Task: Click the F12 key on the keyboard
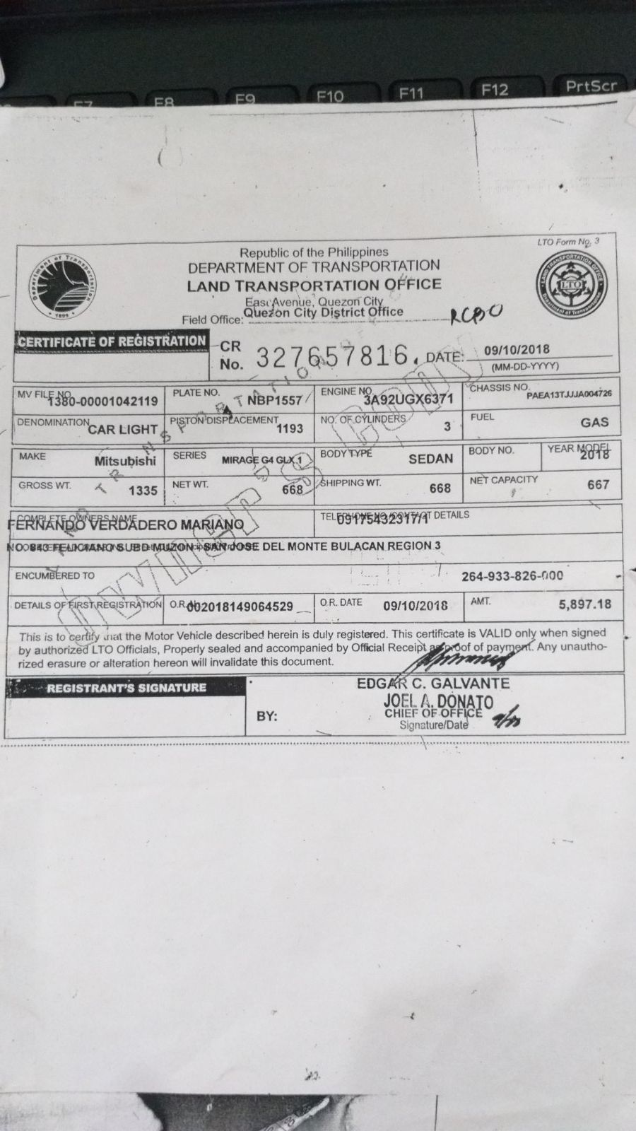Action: point(495,90)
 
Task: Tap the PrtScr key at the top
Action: point(591,86)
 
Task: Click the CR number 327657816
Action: point(334,357)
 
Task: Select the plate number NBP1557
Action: point(274,401)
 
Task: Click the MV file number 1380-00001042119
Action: point(102,402)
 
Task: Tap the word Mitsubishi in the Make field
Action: point(125,461)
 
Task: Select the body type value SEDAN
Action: point(430,459)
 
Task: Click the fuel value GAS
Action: point(594,422)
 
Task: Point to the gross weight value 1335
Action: point(143,491)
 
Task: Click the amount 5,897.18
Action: point(584,604)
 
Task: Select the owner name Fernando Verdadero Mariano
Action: point(126,525)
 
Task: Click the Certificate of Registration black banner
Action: point(112,341)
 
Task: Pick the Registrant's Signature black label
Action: point(126,688)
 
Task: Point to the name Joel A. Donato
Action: point(438,701)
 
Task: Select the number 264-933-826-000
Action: point(512,576)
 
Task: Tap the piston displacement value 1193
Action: point(290,428)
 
